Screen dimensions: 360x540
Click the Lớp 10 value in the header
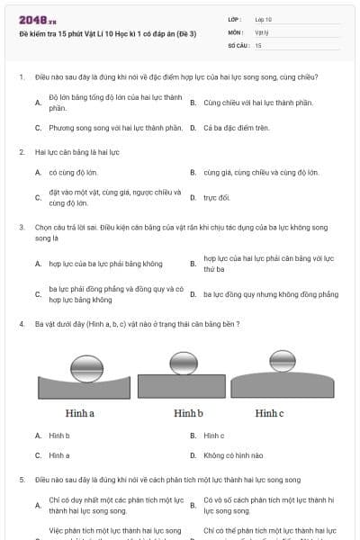(263, 19)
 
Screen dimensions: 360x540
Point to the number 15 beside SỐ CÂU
(258, 44)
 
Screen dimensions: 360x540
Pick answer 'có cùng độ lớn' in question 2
(73, 171)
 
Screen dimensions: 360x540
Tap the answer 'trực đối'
(217, 197)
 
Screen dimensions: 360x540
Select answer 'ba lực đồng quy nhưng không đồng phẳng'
(271, 294)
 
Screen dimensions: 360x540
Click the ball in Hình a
(87, 367)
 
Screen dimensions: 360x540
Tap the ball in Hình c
(283, 361)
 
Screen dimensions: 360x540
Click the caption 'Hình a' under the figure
(80, 413)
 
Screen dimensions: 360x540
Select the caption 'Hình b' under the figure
(188, 413)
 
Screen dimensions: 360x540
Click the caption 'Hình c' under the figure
(269, 413)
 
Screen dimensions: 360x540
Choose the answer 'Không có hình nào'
(233, 455)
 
